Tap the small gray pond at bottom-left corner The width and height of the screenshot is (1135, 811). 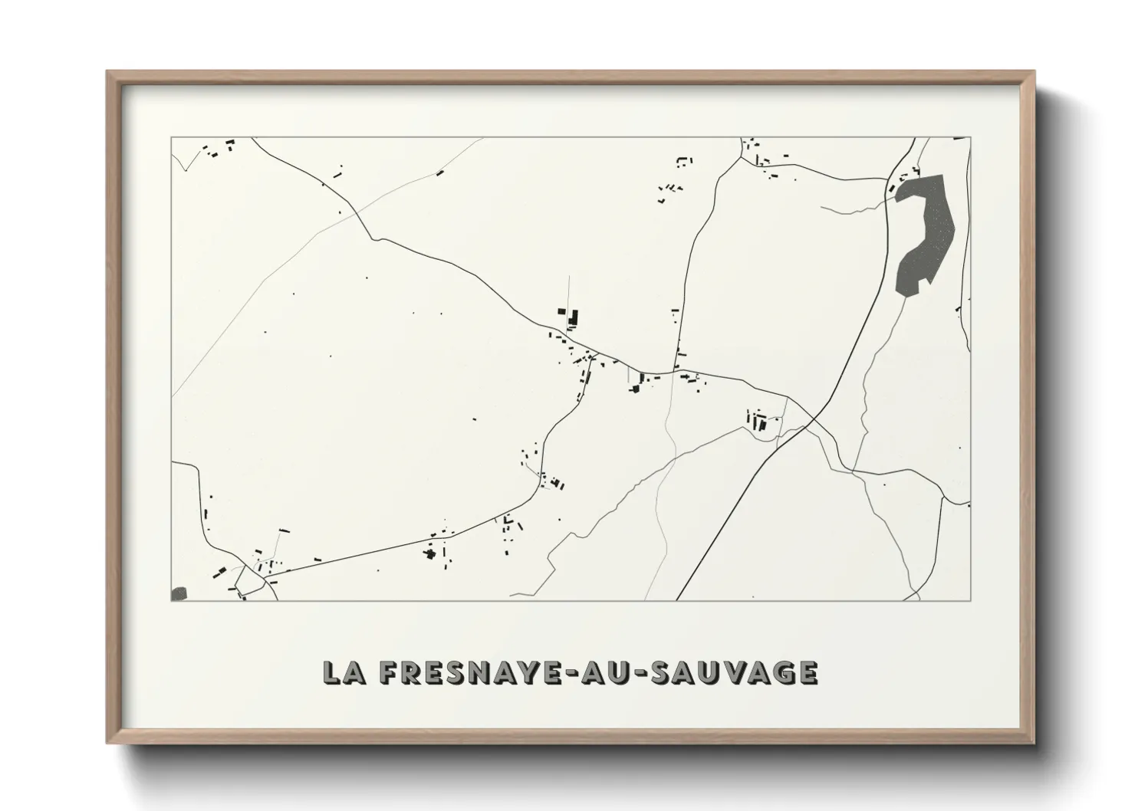[179, 593]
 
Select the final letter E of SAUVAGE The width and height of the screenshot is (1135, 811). [808, 672]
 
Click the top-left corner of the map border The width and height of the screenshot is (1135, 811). [171, 138]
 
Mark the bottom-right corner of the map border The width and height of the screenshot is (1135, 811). [971, 600]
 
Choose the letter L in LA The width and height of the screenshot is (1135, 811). [331, 672]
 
